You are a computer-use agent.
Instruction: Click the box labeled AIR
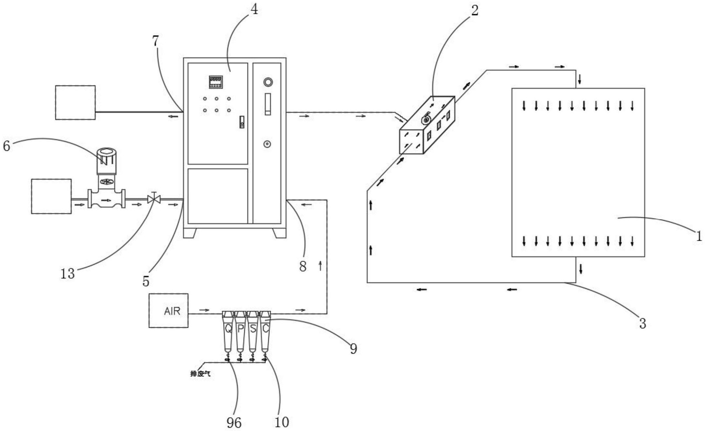click(x=169, y=310)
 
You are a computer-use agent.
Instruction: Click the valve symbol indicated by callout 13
click(x=153, y=199)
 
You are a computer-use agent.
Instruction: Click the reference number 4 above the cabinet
click(x=254, y=9)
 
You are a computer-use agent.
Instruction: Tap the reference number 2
click(x=475, y=11)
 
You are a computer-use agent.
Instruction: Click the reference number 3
click(x=643, y=323)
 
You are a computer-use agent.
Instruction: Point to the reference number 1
click(x=698, y=236)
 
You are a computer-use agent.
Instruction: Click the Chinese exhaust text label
click(x=200, y=374)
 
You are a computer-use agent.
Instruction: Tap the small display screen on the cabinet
click(x=216, y=82)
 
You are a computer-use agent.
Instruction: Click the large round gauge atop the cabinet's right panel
click(x=268, y=82)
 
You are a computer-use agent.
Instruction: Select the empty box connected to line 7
click(x=75, y=102)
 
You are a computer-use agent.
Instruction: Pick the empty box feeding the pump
click(x=51, y=196)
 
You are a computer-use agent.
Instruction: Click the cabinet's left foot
click(x=190, y=233)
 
